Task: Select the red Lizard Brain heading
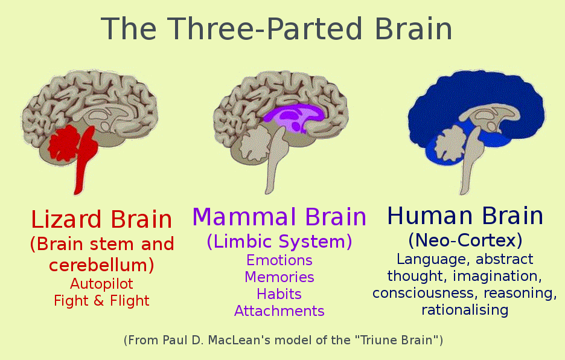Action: [101, 219]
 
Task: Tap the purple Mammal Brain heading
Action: [279, 216]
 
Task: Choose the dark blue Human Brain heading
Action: [465, 216]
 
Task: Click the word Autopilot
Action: [101, 283]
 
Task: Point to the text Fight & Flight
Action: [101, 300]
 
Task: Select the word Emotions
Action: [279, 260]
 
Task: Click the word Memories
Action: [279, 277]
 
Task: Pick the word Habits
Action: [279, 294]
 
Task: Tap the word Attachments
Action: [279, 311]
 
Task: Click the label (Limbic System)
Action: [279, 242]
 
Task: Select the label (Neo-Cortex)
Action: [465, 240]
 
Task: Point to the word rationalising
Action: [465, 310]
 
